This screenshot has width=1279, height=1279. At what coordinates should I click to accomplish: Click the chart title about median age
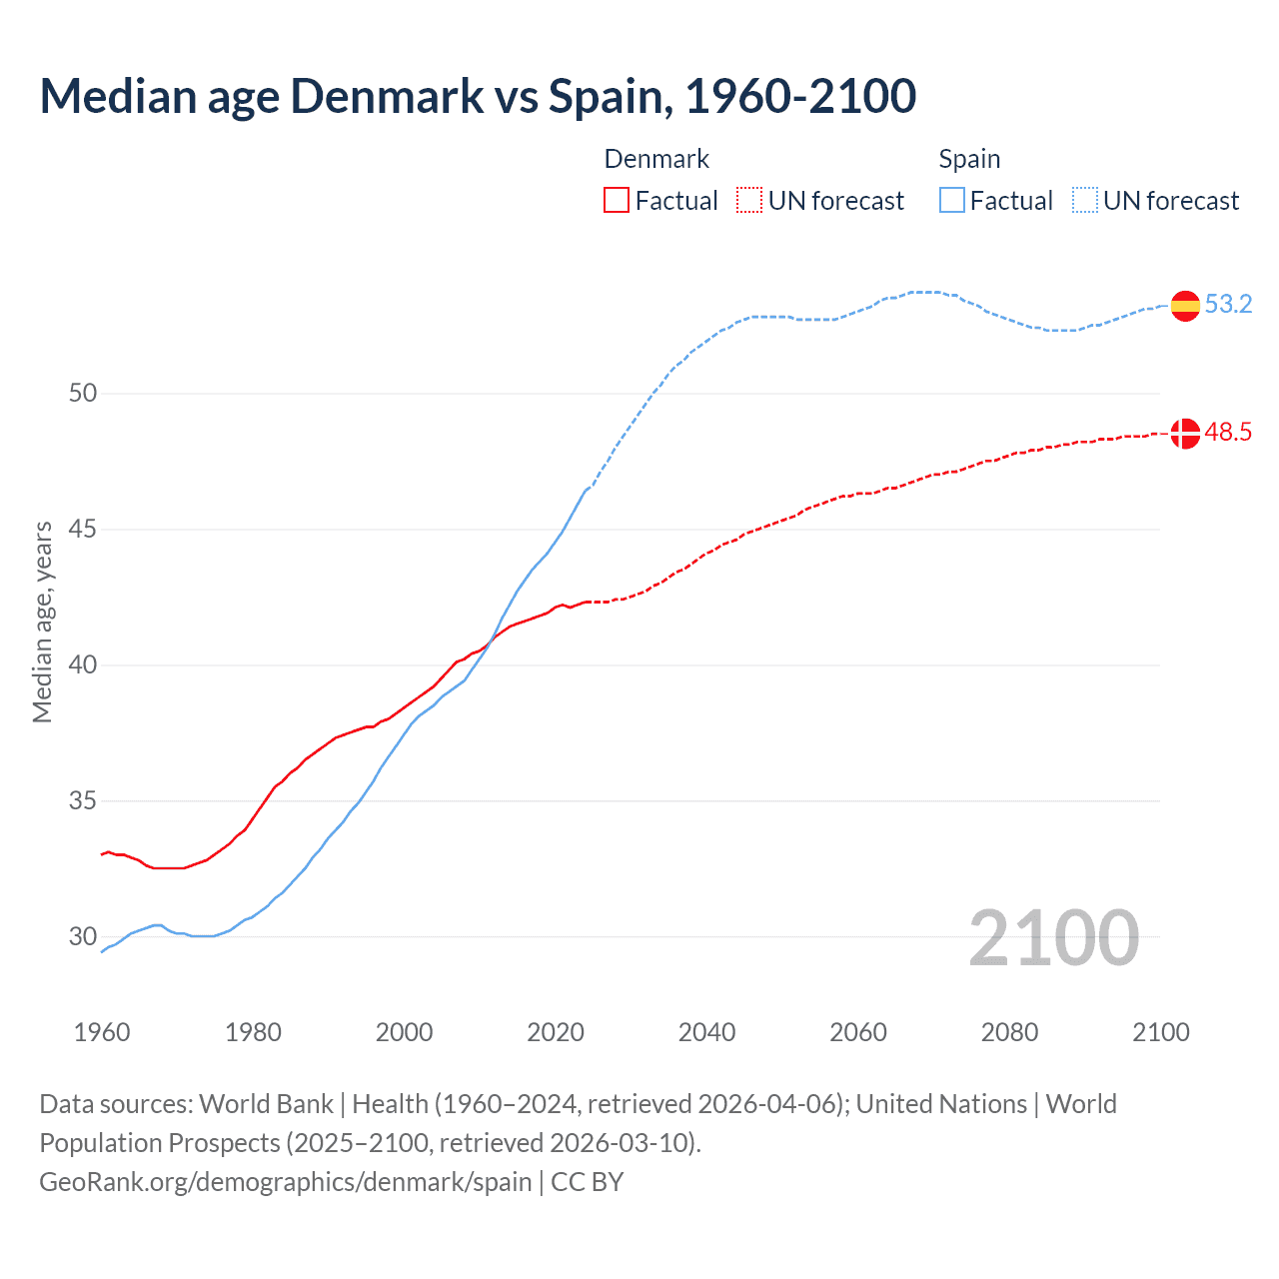tap(478, 96)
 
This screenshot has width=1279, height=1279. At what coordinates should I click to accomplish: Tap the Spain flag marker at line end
tap(1185, 305)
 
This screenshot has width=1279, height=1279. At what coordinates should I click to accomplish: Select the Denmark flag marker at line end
tap(1185, 434)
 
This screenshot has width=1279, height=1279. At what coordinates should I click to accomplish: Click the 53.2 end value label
tap(1228, 305)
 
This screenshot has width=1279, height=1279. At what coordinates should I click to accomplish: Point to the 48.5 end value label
tap(1228, 433)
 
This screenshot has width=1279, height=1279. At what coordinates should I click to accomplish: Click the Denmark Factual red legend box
tap(617, 201)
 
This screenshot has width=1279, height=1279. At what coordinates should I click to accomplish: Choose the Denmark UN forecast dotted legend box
tap(749, 201)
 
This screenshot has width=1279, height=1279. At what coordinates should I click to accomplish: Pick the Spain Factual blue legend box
tap(952, 201)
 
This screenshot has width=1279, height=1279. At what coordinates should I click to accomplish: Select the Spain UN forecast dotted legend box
tap(1085, 201)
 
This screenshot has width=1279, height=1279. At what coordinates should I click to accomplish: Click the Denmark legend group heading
tap(656, 159)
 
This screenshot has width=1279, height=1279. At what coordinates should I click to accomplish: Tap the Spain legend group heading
tap(969, 159)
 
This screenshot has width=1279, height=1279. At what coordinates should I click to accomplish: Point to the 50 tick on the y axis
tap(83, 394)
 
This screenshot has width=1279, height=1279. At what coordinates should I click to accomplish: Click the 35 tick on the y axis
tap(83, 801)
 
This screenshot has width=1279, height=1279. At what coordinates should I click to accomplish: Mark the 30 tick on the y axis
tap(83, 937)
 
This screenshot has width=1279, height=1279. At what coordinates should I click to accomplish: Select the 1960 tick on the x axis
tap(102, 1032)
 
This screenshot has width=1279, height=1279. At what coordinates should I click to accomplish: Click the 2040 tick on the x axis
tap(706, 1032)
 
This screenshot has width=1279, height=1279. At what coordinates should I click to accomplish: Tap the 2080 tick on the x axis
tap(1009, 1032)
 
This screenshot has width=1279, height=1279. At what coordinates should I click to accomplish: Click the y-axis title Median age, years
tap(42, 622)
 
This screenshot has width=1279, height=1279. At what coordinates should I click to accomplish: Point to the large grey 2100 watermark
tap(1054, 938)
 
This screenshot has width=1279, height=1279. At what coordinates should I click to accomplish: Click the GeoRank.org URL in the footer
tap(286, 1182)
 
